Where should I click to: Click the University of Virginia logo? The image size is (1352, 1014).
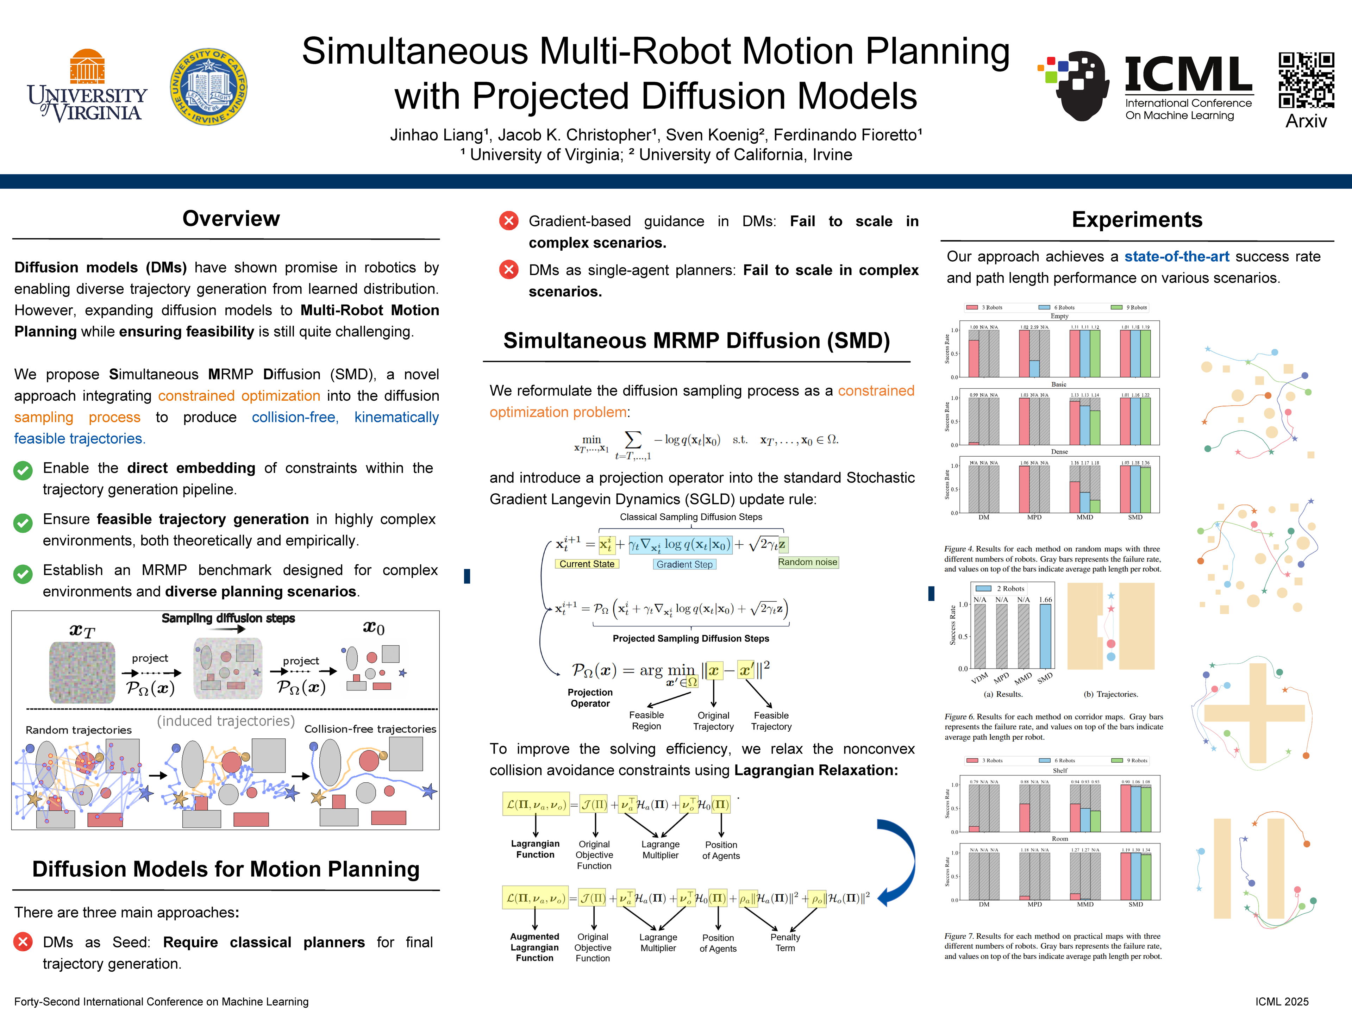coord(87,87)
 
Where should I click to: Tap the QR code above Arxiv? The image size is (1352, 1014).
coord(1306,80)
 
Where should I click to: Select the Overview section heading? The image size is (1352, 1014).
coord(231,219)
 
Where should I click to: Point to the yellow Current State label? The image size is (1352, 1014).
coord(587,564)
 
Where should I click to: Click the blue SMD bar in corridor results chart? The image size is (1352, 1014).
coord(1045,636)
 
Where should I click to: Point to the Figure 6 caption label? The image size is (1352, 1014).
coord(959,717)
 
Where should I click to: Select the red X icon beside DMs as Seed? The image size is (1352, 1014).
coord(23,942)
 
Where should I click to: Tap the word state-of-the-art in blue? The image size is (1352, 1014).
coord(1177,257)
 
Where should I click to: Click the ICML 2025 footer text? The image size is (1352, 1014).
coord(1282,1001)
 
